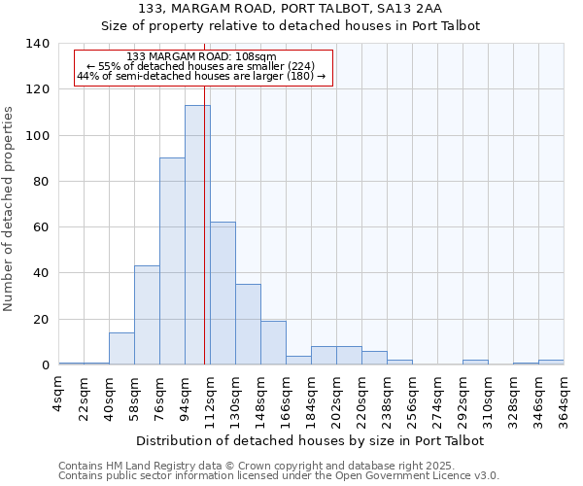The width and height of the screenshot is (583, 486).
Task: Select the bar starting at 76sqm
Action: tap(172, 261)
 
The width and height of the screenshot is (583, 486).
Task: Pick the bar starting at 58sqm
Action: tap(147, 315)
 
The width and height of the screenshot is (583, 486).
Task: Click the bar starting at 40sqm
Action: tap(121, 349)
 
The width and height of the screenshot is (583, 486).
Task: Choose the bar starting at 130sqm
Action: tap(248, 325)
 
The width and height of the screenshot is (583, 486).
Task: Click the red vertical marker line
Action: tap(205, 243)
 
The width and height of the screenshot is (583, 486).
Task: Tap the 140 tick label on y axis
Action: tap(37, 44)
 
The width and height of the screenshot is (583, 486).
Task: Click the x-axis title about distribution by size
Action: tap(310, 440)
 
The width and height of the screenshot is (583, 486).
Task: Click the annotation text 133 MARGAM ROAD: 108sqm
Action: tap(201, 57)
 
